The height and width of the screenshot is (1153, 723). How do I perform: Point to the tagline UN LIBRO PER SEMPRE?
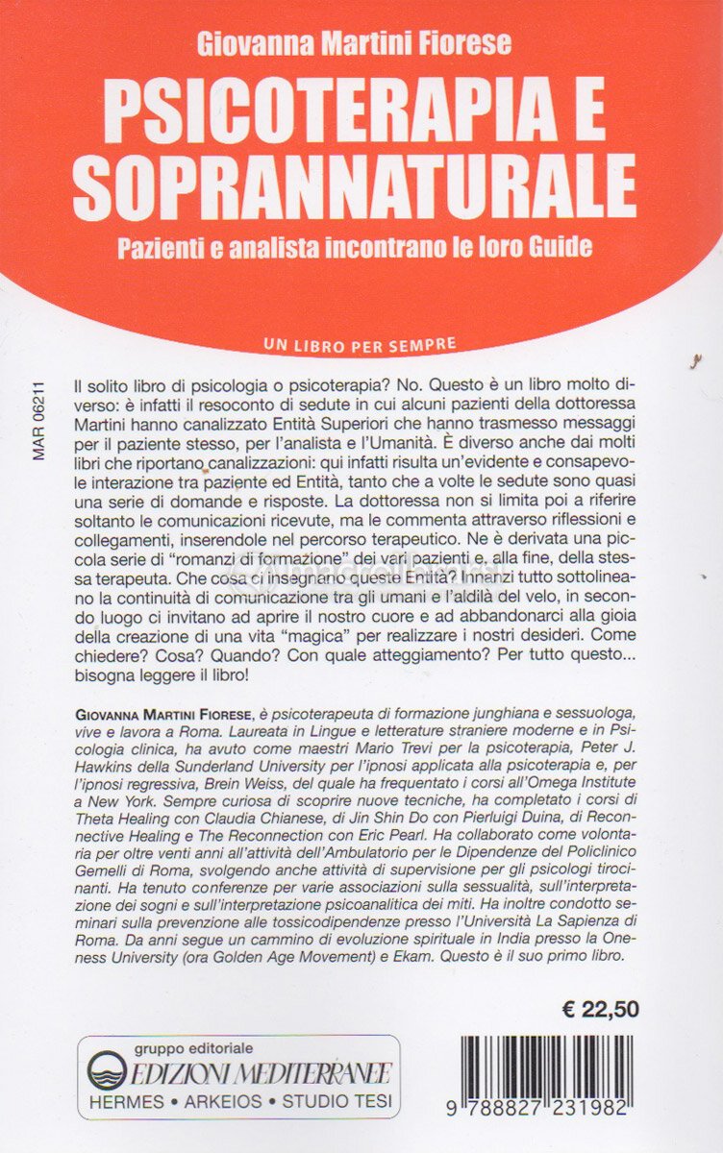[x=358, y=342]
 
